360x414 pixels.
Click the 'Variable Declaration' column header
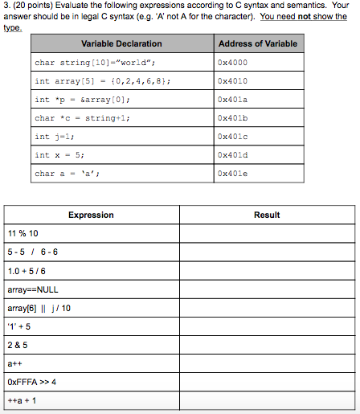click(x=121, y=43)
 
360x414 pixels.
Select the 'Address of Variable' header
click(x=257, y=43)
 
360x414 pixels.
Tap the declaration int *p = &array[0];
click(x=82, y=100)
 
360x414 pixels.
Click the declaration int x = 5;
click(x=59, y=155)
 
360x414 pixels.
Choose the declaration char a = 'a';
click(x=65, y=174)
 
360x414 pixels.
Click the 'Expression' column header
click(x=91, y=215)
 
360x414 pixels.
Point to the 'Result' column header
click(x=266, y=215)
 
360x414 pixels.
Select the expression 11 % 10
click(x=22, y=233)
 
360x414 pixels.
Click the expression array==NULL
click(x=32, y=289)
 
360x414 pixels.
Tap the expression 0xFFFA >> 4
click(x=31, y=381)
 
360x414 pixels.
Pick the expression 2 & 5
click(x=17, y=344)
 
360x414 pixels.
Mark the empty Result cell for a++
click(x=266, y=363)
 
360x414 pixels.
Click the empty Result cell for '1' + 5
click(x=266, y=326)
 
